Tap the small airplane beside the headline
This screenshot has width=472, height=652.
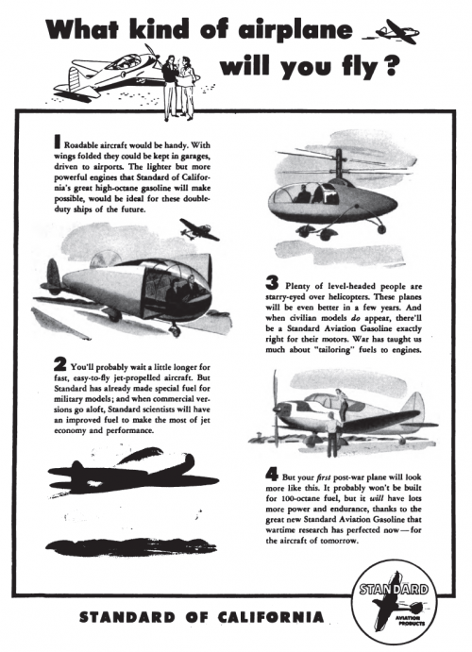[396, 31]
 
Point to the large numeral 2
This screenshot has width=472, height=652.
[59, 364]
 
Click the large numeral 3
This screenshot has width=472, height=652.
[272, 283]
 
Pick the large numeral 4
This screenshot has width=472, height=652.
[272, 474]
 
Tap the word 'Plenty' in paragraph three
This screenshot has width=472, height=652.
[296, 286]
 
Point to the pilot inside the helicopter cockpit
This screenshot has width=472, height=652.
[303, 193]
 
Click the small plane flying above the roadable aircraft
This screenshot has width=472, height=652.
[198, 229]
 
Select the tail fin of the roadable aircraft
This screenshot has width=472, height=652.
[53, 275]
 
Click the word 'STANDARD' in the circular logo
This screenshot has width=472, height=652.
[394, 589]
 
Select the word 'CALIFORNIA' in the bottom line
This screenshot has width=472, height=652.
[270, 617]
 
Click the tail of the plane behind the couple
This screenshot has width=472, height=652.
[76, 78]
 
